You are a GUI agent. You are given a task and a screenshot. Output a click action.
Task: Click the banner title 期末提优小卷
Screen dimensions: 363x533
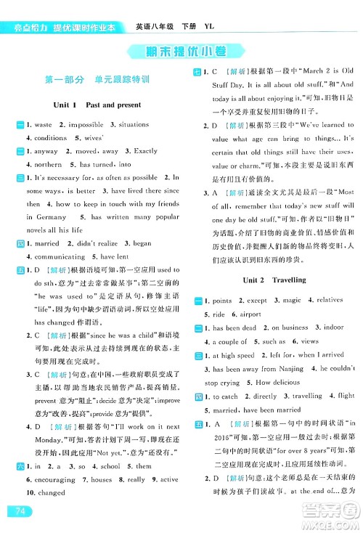click(x=181, y=51)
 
